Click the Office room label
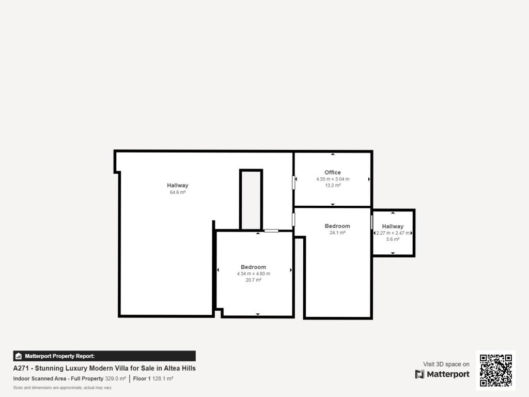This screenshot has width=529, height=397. pos(333,172)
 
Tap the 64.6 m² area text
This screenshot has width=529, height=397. pos(178,192)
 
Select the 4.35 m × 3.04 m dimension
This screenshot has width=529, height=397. pos(333,179)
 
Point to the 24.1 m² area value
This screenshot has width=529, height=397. pos(337,233)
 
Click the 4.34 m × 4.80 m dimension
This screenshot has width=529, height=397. pos(253,273)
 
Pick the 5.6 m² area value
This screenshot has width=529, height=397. pos(393,239)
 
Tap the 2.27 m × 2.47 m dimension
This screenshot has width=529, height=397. pos(393,233)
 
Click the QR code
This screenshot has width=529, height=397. pos(496,370)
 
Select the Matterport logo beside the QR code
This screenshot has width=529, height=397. pos(442,374)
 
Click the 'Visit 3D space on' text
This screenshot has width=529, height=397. pos(446,364)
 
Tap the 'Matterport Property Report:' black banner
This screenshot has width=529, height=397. pos(104,356)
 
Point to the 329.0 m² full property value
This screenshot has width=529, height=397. pos(116,379)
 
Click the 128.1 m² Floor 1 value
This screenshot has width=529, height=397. pos(162,379)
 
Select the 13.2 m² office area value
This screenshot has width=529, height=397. pos(333,186)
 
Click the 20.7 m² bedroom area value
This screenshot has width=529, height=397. pos(253,280)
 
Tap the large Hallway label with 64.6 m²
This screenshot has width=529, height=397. pos(178,186)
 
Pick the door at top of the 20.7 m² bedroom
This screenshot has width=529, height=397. pos(271,231)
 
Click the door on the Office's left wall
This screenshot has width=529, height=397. pos(294,182)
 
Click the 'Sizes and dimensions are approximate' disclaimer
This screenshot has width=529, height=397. pos(62,388)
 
